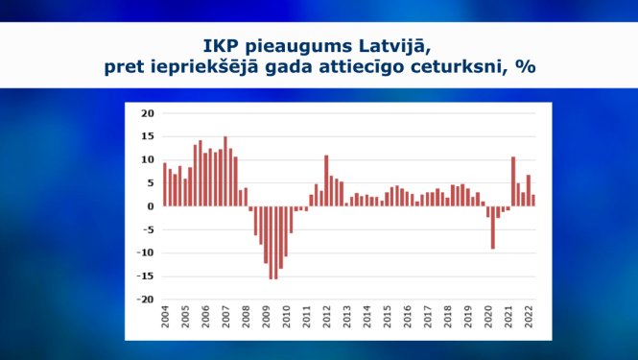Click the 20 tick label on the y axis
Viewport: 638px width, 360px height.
pyautogui.click(x=148, y=113)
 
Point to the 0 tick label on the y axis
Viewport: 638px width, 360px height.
pyautogui.click(x=151, y=206)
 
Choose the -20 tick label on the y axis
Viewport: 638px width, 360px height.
pyautogui.click(x=146, y=300)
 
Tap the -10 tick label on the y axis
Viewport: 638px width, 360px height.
pyautogui.click(x=146, y=252)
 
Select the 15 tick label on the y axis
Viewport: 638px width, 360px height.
pyautogui.click(x=148, y=136)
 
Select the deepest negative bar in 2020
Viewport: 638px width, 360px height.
pyautogui.click(x=493, y=228)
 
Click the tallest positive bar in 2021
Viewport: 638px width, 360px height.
pyautogui.click(x=513, y=181)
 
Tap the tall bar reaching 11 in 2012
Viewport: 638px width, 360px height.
pyautogui.click(x=326, y=180)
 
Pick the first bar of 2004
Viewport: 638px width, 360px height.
pyautogui.click(x=165, y=184)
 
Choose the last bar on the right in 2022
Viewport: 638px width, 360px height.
pyautogui.click(x=533, y=201)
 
